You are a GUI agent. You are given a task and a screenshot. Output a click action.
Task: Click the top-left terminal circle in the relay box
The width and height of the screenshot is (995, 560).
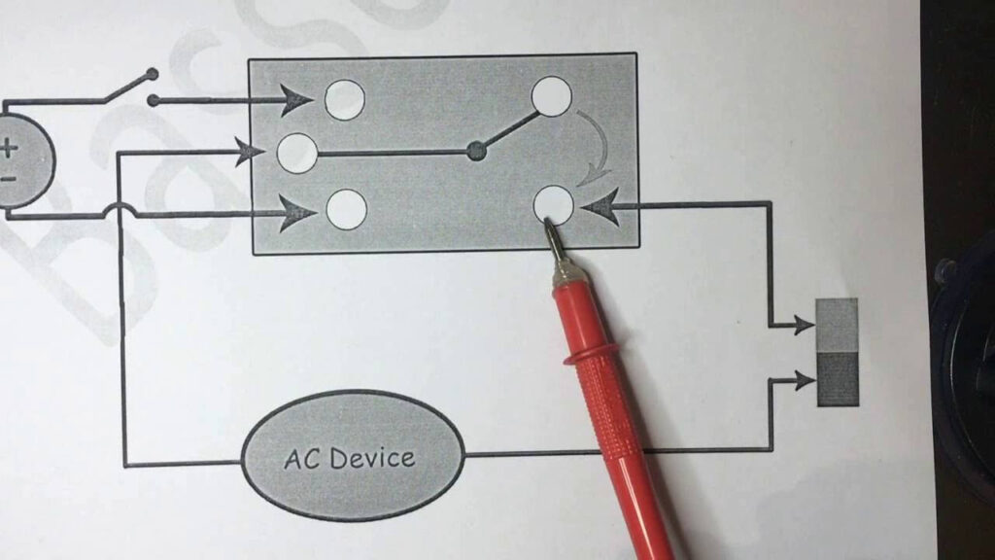pos(344,99)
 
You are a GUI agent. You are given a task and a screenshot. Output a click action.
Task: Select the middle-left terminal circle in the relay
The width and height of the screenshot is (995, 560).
pos(297,154)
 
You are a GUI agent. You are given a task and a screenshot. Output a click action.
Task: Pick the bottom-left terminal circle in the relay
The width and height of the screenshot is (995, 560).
pos(346,209)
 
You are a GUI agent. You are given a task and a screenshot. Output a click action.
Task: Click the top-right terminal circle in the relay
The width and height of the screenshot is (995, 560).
pos(551,96)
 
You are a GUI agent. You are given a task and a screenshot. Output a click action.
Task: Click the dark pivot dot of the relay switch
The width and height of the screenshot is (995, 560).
pos(476,151)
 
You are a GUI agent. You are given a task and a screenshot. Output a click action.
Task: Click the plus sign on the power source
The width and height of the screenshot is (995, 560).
pos(9,149)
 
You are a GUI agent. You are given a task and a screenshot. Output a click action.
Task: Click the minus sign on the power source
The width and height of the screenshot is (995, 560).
pos(8,179)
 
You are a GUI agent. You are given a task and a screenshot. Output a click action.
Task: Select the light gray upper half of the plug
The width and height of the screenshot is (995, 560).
pos(838,325)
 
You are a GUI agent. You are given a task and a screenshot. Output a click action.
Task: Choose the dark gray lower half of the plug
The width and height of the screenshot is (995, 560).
pos(838,378)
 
